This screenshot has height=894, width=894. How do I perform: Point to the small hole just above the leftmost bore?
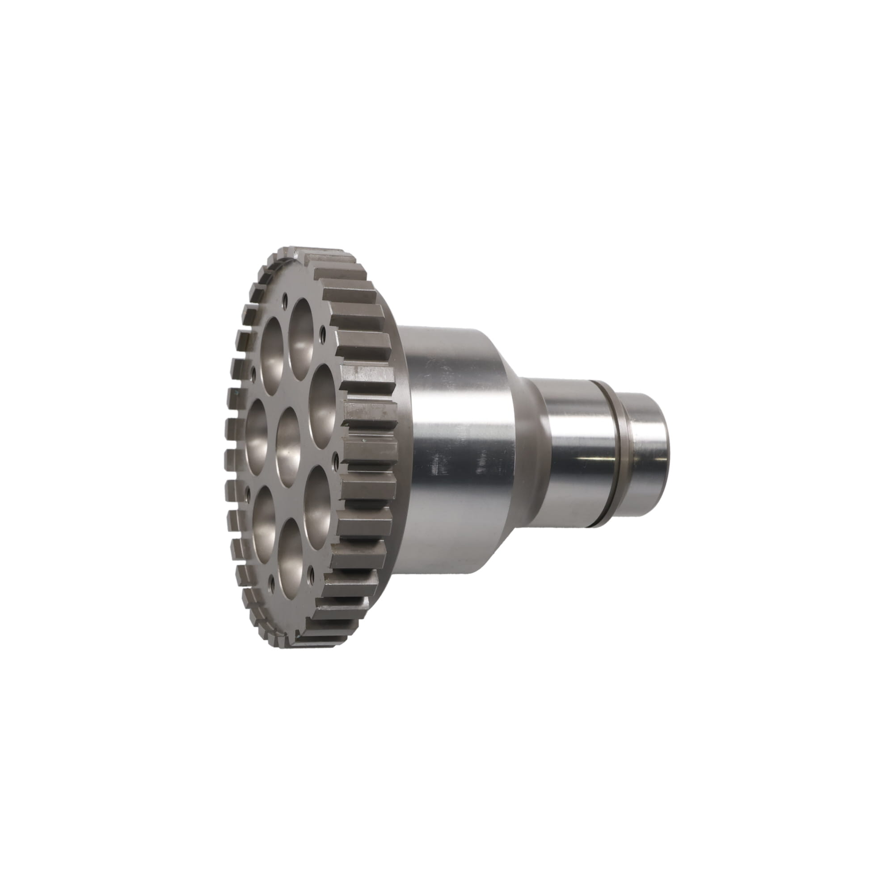click(253, 371)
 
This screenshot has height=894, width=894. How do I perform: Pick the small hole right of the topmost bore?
click(322, 331)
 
